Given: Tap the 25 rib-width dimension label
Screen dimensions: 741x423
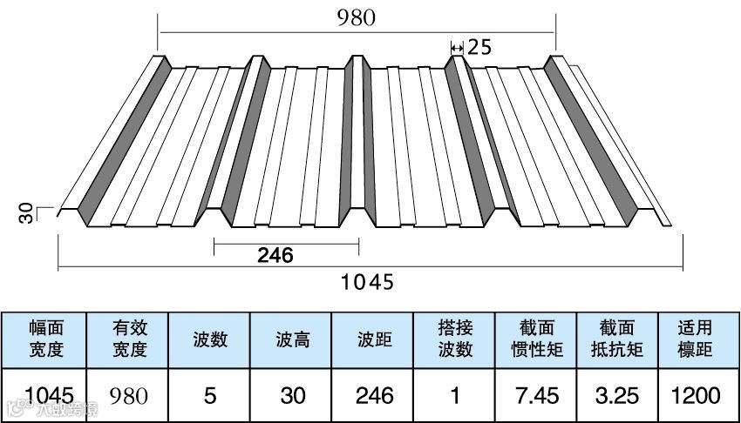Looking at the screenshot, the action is [479, 47].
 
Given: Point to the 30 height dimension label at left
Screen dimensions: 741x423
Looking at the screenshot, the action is [28, 212].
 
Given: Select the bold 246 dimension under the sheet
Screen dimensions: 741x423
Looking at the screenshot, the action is [275, 255].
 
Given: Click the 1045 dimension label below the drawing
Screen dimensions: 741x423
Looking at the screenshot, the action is [367, 281].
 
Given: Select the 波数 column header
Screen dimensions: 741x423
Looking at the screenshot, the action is [210, 339].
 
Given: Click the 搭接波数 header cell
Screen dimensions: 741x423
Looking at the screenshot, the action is [455, 339].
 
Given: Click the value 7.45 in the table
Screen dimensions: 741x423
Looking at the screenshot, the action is [536, 396].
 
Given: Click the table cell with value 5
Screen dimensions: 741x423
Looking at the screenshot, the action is [210, 396].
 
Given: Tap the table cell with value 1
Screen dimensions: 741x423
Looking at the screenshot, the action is [455, 396].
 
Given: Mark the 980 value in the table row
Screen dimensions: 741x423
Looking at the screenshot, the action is [129, 396].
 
